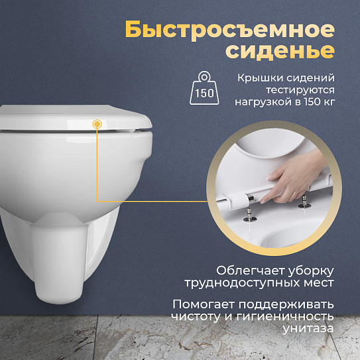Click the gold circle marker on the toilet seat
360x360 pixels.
pyautogui.click(x=98, y=123)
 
